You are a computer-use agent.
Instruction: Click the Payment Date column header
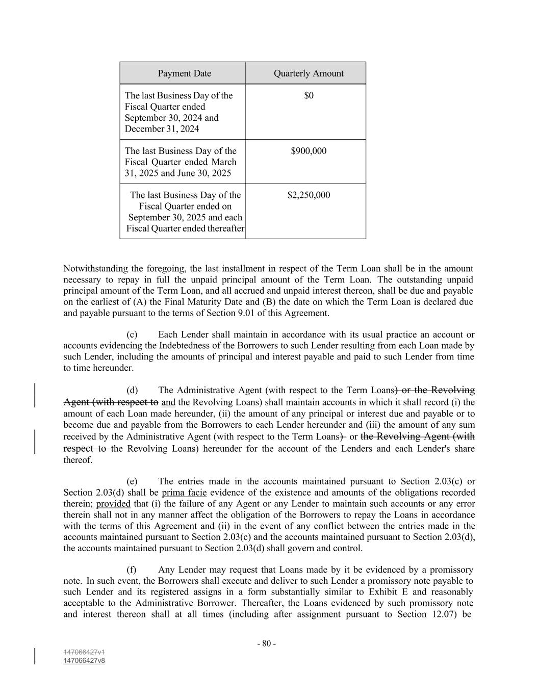pyautogui.click(x=184, y=73)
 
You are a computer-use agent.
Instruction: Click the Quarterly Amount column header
pyautogui.click(x=309, y=73)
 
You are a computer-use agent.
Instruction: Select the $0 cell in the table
pyautogui.click(x=309, y=96)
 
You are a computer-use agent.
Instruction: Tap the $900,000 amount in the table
pyautogui.click(x=309, y=151)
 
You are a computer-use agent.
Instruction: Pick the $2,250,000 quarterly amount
pyautogui.click(x=309, y=195)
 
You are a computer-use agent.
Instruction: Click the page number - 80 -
pyautogui.click(x=266, y=643)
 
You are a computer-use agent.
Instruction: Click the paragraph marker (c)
pyautogui.click(x=132, y=335)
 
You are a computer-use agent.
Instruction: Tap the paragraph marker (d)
pyautogui.click(x=132, y=391)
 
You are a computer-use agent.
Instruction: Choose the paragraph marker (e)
pyautogui.click(x=132, y=481)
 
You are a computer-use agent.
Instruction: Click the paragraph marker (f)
pyautogui.click(x=132, y=570)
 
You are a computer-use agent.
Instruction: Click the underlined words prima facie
pyautogui.click(x=184, y=493)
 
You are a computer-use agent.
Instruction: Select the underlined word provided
pyautogui.click(x=113, y=504)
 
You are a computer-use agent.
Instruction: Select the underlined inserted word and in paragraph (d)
pyautogui.click(x=168, y=402)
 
